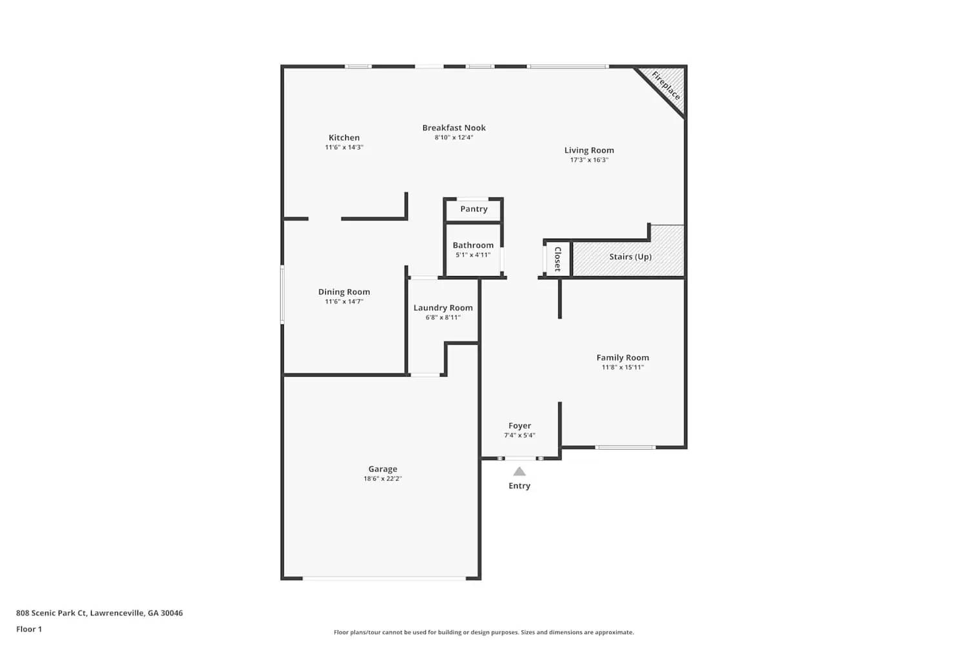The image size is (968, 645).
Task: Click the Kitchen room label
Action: pos(344,137)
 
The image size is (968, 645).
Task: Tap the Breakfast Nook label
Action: pos(454,128)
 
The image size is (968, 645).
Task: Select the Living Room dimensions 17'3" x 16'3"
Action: pos(589,160)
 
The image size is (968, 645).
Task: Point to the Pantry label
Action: pos(474,209)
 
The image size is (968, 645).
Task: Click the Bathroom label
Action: pos(473,245)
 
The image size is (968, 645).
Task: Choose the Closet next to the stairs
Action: pos(558,259)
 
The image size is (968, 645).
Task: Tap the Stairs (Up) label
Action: pos(630,257)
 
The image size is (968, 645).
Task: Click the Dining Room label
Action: pos(344,292)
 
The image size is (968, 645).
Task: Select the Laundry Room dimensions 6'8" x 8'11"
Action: pos(443,317)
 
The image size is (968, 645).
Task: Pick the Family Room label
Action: pos(622,357)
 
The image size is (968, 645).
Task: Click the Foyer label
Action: pos(519,426)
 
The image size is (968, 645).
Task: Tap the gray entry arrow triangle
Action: pos(519,471)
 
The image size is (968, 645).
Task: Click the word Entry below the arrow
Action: pos(519,486)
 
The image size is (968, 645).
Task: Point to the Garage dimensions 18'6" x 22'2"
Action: pos(383,479)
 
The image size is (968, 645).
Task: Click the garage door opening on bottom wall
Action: pos(384,578)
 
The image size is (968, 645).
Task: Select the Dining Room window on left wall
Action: pos(282,294)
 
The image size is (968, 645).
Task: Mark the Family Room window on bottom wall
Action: pos(625,447)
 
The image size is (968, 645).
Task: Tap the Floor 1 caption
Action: pos(29,629)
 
